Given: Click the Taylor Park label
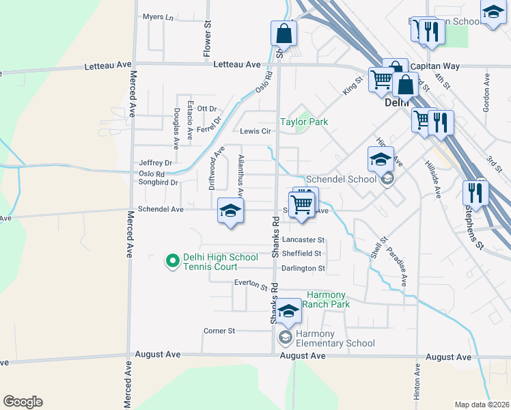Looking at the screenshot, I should pos(304,122).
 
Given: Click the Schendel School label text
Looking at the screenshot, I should pos(341,179).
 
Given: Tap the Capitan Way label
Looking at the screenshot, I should pos(435,67).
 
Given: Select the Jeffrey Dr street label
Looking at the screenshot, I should pos(155,163).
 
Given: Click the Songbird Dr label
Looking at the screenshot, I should pos(158,182).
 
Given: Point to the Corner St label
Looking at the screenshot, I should pos(219,331).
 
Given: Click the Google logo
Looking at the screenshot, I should pos(23,402).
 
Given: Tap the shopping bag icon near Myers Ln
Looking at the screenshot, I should pos(284,32).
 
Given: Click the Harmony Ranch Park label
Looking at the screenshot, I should pos(326,299).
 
